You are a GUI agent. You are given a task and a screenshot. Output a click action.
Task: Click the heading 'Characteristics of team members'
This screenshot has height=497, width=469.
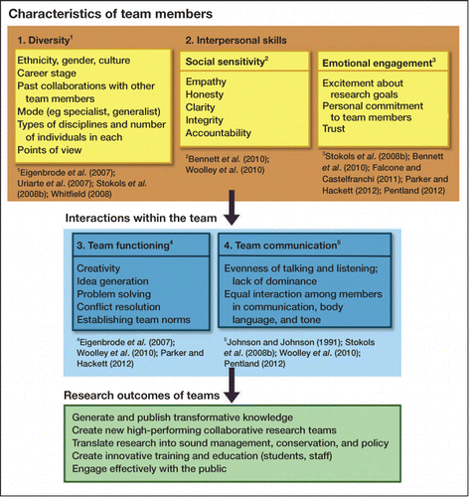(x=110, y=14)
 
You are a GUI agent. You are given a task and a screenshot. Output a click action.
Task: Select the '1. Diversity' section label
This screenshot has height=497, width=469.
(x=45, y=40)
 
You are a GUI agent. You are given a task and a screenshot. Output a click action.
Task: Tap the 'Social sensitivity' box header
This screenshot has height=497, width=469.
(x=227, y=62)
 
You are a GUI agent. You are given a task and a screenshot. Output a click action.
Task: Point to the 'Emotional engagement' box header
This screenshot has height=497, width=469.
(x=379, y=63)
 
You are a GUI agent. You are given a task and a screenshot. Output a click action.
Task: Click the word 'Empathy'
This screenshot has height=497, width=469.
(x=206, y=82)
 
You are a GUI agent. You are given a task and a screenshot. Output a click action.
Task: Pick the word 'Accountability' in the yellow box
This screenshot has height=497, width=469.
(x=219, y=133)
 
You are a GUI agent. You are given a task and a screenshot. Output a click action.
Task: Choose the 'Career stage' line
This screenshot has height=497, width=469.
(x=47, y=73)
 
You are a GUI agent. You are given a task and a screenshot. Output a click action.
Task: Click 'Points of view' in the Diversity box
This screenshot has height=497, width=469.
(x=50, y=150)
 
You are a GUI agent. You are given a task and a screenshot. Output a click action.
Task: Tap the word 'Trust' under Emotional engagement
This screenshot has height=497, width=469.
(x=334, y=128)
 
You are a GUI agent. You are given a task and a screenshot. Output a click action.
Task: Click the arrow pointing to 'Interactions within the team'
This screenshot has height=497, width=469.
(x=232, y=208)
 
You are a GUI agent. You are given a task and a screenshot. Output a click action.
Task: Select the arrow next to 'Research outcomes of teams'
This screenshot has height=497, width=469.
(x=232, y=385)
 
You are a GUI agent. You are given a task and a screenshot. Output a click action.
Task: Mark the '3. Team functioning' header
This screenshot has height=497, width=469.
(x=125, y=246)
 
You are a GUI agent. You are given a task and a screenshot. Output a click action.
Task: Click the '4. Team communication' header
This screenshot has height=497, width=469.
(x=282, y=246)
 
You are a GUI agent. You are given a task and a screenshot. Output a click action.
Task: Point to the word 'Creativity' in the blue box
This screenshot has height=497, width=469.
(x=98, y=268)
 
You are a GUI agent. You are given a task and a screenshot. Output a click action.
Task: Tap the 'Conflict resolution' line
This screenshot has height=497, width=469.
(x=118, y=307)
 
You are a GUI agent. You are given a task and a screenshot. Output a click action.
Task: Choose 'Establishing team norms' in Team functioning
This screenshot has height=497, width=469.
(x=133, y=320)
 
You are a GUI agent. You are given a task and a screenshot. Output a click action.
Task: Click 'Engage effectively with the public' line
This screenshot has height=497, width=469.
(x=149, y=469)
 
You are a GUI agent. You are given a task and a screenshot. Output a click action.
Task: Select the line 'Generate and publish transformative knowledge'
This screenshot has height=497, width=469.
(x=183, y=417)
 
